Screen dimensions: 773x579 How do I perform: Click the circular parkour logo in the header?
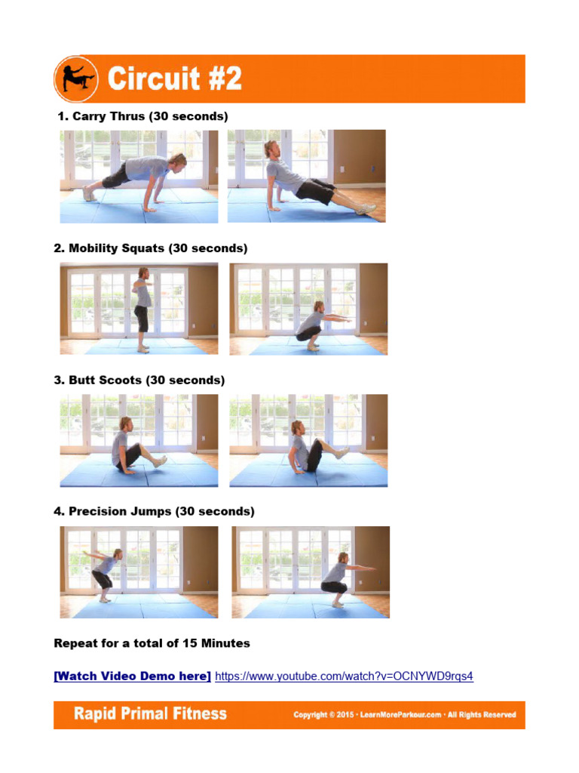[x=76, y=79]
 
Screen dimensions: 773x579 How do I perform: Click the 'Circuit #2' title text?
[x=174, y=79]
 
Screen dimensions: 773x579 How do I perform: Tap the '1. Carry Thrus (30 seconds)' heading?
[x=142, y=116]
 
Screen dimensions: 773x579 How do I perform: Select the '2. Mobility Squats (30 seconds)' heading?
[x=150, y=248]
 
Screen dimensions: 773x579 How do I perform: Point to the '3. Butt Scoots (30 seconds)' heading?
[x=139, y=380]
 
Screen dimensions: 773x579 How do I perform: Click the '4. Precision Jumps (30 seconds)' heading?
[x=154, y=511]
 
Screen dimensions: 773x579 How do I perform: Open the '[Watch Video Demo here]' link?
[x=132, y=676]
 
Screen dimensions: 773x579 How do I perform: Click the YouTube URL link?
[x=344, y=676]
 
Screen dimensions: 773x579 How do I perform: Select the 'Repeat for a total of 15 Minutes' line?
[x=152, y=643]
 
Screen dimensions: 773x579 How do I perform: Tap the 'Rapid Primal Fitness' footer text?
[x=150, y=713]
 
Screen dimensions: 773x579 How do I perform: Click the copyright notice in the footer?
[x=405, y=714]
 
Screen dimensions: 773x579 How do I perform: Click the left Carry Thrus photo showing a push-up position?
[x=139, y=176]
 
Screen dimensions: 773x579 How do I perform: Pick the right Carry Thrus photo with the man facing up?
[x=306, y=176]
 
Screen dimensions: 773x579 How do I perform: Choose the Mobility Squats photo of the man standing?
[x=139, y=308]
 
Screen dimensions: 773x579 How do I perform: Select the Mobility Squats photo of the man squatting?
[x=308, y=308]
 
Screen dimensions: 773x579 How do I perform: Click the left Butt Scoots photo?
[x=139, y=440]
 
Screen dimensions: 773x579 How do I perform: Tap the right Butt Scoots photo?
[x=308, y=440]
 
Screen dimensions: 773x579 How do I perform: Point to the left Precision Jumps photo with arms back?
[x=139, y=571]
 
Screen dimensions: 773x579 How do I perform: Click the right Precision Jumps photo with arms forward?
[x=310, y=571]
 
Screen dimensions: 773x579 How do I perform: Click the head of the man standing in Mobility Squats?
[x=142, y=273]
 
